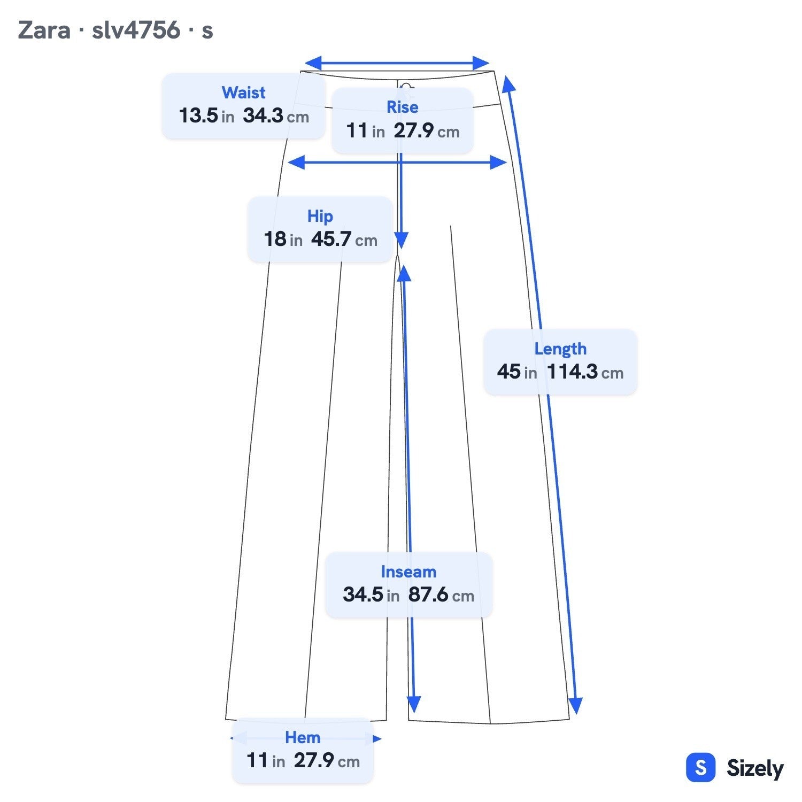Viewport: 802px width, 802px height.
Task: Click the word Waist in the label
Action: [243, 92]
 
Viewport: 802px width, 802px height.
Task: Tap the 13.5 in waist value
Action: [206, 115]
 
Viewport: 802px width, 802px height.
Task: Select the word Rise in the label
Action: [402, 107]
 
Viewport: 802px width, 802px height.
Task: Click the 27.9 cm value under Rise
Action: [427, 130]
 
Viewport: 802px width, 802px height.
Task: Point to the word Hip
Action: [320, 216]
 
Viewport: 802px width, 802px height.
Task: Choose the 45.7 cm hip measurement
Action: [344, 239]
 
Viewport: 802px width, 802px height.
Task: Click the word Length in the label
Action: [560, 349]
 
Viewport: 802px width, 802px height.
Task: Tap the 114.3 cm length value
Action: [585, 372]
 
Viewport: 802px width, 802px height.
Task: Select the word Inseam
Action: [408, 572]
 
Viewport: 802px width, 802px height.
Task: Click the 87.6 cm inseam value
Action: [441, 595]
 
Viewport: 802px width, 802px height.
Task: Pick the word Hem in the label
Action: [303, 737]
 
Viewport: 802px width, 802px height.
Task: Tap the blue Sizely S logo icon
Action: [700, 768]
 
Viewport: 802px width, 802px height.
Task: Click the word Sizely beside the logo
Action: [755, 768]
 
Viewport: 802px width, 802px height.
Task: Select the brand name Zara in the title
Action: [44, 30]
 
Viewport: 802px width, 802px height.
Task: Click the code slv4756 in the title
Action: [136, 30]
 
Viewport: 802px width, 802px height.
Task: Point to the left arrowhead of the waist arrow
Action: [313, 63]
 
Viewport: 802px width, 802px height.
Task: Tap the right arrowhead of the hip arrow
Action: [498, 163]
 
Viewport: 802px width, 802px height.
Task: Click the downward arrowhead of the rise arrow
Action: [402, 241]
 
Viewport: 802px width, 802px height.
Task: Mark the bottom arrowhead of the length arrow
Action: [575, 706]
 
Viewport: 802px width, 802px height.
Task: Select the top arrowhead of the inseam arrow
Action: [404, 273]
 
